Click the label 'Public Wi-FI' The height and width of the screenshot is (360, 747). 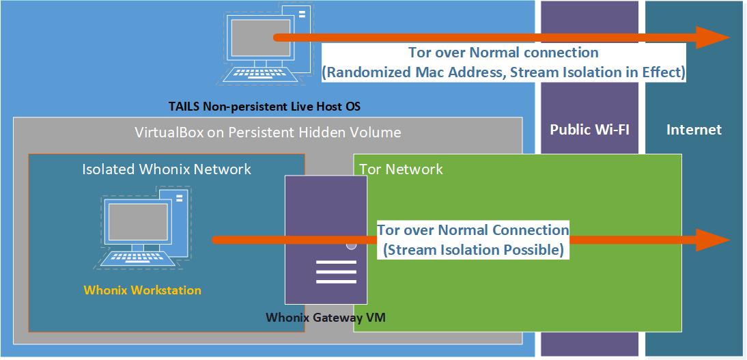589,130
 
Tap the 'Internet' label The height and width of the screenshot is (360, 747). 694,130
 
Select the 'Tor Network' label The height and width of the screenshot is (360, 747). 401,169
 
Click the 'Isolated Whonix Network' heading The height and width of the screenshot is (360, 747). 167,169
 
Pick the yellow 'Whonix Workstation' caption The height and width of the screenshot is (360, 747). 142,290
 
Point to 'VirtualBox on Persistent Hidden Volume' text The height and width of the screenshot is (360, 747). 268,132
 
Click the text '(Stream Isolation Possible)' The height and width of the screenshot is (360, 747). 473,250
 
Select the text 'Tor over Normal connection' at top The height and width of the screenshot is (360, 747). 503,53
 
